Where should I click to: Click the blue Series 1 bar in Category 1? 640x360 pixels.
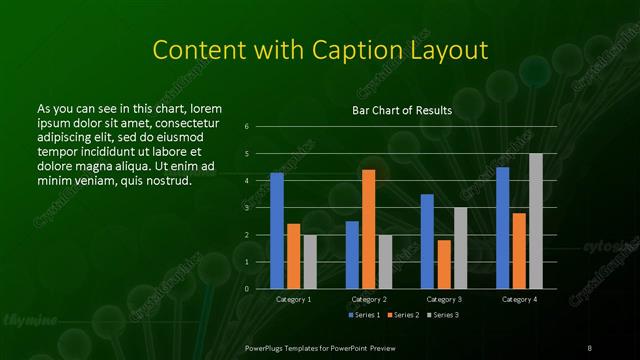coord(277,230)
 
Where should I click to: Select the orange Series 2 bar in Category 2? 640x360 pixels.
coord(368,229)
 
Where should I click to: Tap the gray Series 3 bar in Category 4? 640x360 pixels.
coord(535,221)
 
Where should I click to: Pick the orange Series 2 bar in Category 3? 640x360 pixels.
coord(443,264)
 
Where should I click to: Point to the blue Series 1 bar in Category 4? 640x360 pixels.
coord(502,227)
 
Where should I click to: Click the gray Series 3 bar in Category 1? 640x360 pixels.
coord(310,261)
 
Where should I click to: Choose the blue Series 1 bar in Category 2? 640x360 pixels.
coord(352,254)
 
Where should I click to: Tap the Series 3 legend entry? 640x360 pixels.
coord(443,315)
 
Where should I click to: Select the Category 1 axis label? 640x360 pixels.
coord(293,299)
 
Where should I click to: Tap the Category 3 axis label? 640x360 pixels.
coord(443,299)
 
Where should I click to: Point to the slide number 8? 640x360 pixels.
coord(590,347)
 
